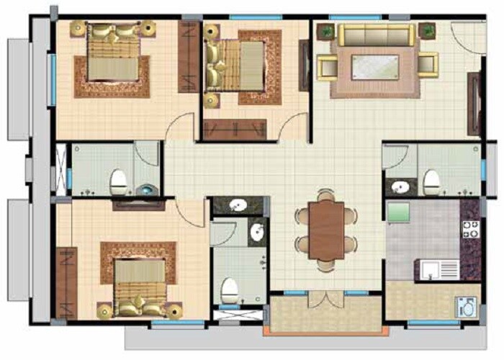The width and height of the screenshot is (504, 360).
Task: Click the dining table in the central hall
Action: [x=325, y=229]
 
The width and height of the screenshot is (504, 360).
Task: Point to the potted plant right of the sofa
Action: [x=427, y=30]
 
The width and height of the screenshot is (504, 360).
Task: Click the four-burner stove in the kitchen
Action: [x=470, y=230]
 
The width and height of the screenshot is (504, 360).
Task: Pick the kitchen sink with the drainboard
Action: [x=438, y=270]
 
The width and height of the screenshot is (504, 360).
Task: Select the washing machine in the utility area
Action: [x=464, y=305]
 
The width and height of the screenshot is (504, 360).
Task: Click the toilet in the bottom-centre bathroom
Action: [x=230, y=289]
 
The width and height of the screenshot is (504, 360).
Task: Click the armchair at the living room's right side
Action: [x=428, y=64]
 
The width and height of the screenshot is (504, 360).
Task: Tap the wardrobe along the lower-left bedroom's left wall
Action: [x=66, y=282]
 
